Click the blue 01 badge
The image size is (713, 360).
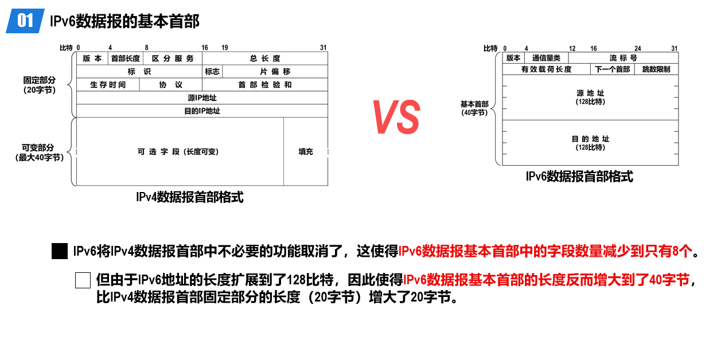coord(25,21)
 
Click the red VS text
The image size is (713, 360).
coord(396,117)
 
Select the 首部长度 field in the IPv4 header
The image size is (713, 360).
coord(126,58)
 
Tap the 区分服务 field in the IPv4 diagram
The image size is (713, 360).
coord(173,58)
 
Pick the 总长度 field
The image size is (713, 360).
coord(265,58)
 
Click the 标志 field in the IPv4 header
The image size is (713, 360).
coord(212,72)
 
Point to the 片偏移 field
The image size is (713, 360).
coord(275,72)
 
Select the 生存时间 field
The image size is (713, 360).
coord(108,85)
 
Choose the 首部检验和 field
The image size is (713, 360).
coord(265,85)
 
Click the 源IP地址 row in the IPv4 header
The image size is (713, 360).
coord(202,97)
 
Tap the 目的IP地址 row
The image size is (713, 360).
coord(202,111)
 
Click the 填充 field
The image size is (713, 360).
coord(306,152)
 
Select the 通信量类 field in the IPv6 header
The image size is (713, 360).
coord(546,58)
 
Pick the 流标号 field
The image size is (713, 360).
coord(624,58)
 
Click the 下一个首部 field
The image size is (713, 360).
coord(613,69)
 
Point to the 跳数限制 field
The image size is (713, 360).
coord(656,69)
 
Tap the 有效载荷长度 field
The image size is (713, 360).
coord(546,69)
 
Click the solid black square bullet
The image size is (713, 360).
coord(60,251)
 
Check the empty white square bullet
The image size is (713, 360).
coord(83,280)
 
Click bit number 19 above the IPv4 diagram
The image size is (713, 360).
coord(225,48)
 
